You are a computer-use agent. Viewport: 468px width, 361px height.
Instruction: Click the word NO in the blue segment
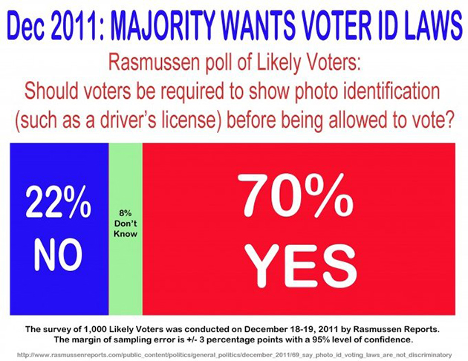point(58,255)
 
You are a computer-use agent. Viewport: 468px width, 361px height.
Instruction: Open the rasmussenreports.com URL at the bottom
point(234,354)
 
